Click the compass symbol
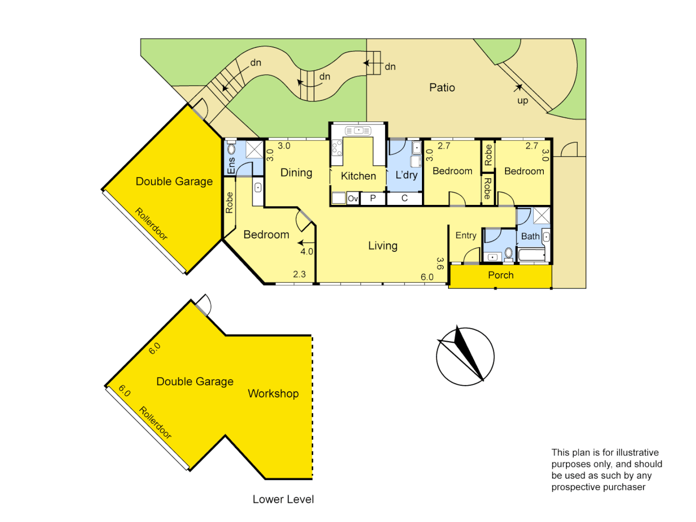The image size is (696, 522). pyautogui.click(x=465, y=357)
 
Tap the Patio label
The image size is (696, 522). pyautogui.click(x=442, y=87)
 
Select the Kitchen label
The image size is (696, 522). pyautogui.click(x=358, y=176)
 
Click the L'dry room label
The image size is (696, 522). pyautogui.click(x=406, y=175)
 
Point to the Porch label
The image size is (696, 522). pyautogui.click(x=501, y=275)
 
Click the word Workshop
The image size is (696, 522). pyautogui.click(x=273, y=393)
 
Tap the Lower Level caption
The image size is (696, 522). pyautogui.click(x=283, y=499)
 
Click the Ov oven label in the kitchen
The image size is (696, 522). pyautogui.click(x=353, y=199)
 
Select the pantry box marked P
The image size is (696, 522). pyautogui.click(x=373, y=198)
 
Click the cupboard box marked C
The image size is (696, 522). pyautogui.click(x=405, y=198)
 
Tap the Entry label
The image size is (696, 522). pyautogui.click(x=466, y=235)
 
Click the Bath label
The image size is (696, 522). pyautogui.click(x=530, y=236)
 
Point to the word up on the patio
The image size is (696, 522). pyautogui.click(x=522, y=101)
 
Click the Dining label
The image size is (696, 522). pyautogui.click(x=296, y=173)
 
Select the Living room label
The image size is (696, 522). pyautogui.click(x=383, y=246)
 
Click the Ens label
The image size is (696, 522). pyautogui.click(x=231, y=165)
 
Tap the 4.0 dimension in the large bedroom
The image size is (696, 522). pyautogui.click(x=307, y=251)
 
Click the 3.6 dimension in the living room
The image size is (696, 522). pyautogui.click(x=440, y=263)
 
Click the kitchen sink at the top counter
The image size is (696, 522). pyautogui.click(x=358, y=130)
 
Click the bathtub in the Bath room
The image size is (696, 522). pyautogui.click(x=531, y=254)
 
